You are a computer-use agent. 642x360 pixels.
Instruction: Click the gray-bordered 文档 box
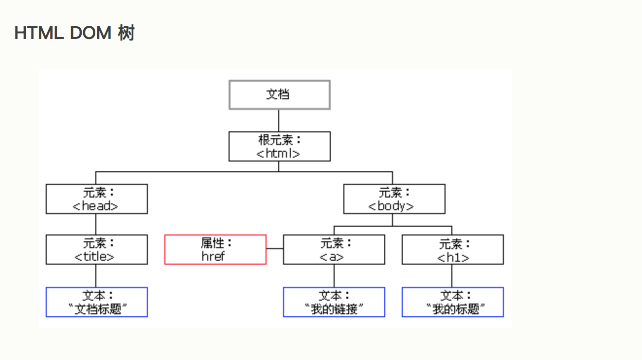(279, 95)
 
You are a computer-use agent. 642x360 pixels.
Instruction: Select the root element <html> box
(279, 146)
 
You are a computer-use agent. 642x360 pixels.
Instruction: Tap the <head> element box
(96, 199)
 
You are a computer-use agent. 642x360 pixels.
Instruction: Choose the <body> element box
(394, 199)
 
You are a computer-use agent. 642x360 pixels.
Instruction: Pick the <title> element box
(96, 250)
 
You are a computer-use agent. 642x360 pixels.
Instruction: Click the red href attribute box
(215, 250)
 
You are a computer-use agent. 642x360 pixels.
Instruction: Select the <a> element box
(334, 250)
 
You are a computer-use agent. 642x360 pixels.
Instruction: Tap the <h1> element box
(452, 250)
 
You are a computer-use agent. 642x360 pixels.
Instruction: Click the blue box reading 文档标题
(96, 302)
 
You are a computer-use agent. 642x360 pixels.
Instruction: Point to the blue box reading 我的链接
(334, 302)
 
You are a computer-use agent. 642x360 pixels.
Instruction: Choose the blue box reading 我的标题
(452, 302)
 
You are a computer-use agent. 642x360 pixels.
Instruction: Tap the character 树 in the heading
(126, 34)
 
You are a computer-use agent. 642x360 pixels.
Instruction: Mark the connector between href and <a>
(275, 249)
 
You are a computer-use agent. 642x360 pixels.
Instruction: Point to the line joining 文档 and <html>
(279, 121)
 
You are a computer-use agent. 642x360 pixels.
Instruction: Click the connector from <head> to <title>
(96, 224)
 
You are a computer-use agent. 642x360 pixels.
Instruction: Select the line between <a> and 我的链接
(334, 276)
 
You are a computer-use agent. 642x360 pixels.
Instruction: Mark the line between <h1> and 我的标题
(452, 276)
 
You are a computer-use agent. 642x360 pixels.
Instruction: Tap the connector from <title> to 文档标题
(96, 276)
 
